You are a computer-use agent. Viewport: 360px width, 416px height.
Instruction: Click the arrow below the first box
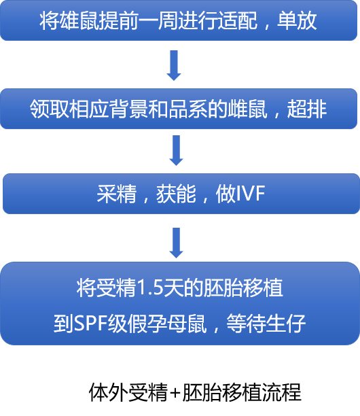click(x=174, y=65)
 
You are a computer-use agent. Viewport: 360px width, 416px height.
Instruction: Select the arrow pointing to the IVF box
click(x=177, y=150)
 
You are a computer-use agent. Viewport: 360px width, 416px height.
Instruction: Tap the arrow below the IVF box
click(x=177, y=243)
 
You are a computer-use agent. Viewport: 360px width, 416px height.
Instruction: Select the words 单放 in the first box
click(x=297, y=20)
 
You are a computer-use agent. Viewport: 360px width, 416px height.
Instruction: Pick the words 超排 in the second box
click(x=307, y=109)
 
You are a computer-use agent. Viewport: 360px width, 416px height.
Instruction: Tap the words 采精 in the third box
click(x=116, y=194)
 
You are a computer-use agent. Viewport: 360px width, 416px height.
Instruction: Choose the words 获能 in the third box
click(x=176, y=194)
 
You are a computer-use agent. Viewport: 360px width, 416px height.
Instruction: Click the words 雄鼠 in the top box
click(x=79, y=20)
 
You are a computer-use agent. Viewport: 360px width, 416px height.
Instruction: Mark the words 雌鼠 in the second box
click(x=248, y=109)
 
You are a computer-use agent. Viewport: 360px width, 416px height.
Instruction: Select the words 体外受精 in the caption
click(x=128, y=392)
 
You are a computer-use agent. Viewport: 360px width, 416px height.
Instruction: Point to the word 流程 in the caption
click(x=281, y=392)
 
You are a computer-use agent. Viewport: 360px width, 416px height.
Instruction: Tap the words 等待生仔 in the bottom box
click(x=266, y=324)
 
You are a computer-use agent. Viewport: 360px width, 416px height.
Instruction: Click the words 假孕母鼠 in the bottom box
click(x=167, y=324)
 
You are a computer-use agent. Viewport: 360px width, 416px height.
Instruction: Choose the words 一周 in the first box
click(x=158, y=20)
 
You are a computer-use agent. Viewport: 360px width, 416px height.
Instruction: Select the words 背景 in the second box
click(x=128, y=109)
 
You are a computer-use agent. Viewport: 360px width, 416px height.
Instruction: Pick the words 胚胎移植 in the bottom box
click(x=243, y=288)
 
